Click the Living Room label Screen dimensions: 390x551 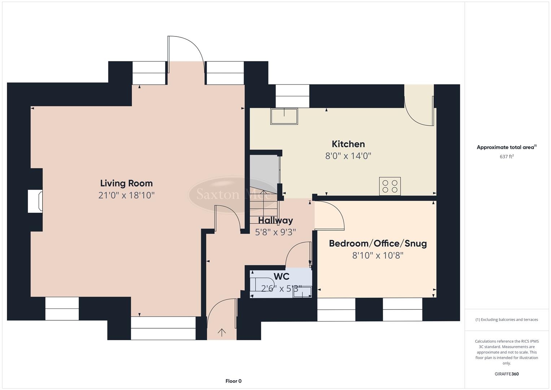coord(126,183)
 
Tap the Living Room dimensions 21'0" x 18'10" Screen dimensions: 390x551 coord(126,195)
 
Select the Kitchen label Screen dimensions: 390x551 coord(348,144)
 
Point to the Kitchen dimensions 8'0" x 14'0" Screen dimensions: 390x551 coord(348,156)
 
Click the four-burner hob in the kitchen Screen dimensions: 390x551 coord(390,186)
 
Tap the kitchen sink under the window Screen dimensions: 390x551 coord(284,116)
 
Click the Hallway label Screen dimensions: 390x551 coord(275,220)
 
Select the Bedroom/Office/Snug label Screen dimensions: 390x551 coord(378,243)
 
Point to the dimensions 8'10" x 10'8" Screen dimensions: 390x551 coord(378,256)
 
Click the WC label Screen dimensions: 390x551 coord(281,277)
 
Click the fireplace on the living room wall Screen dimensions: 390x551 coord(35,201)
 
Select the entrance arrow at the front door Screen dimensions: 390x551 coord(222,332)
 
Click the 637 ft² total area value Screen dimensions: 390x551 coord(507,157)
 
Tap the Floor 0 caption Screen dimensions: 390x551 coord(233,381)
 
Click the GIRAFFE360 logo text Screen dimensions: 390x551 coord(507,374)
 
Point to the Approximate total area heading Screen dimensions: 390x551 coord(507,147)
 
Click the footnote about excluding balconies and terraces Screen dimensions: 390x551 coord(507,320)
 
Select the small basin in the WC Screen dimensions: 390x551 coord(302,292)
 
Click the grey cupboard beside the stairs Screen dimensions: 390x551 coord(264,170)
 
